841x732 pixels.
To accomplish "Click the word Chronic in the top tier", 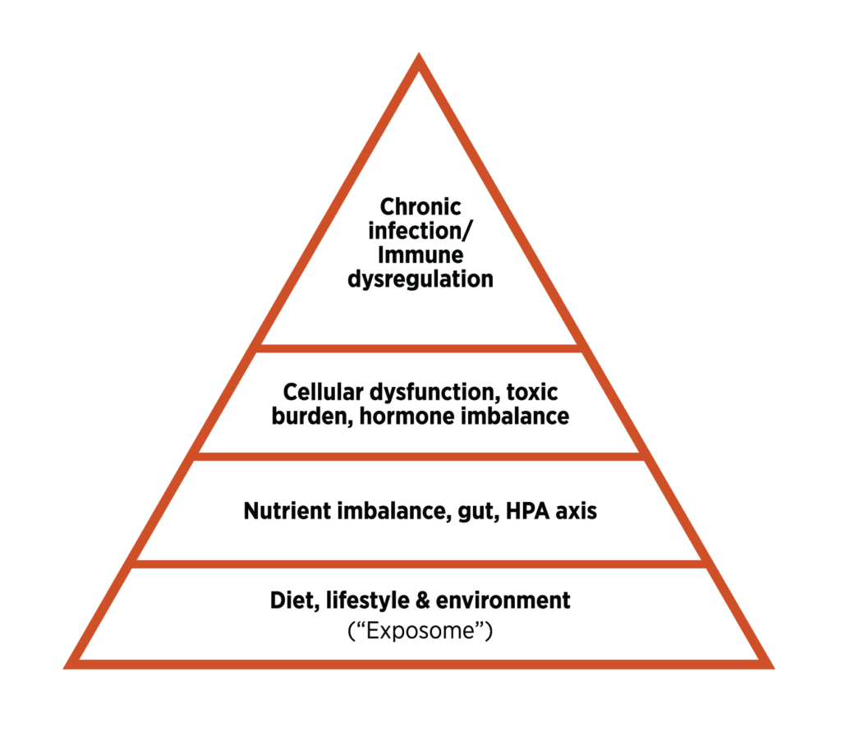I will [420, 208].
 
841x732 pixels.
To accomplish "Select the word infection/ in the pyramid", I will [420, 232].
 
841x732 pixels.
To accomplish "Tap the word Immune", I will [420, 255].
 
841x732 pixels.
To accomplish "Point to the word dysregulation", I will [420, 279].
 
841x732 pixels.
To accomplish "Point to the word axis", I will [576, 511].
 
